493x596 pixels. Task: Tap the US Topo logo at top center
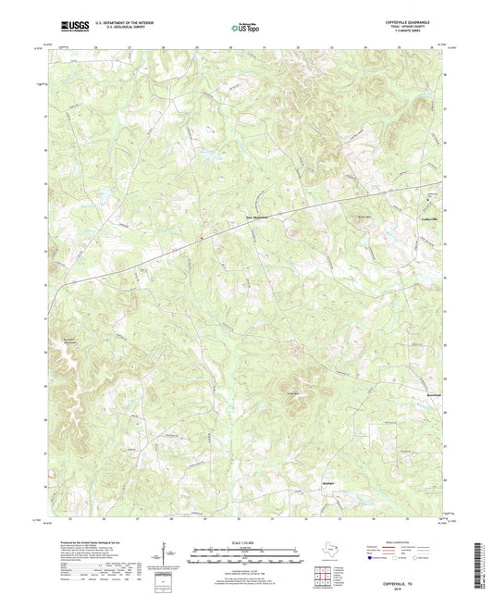point(246,29)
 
